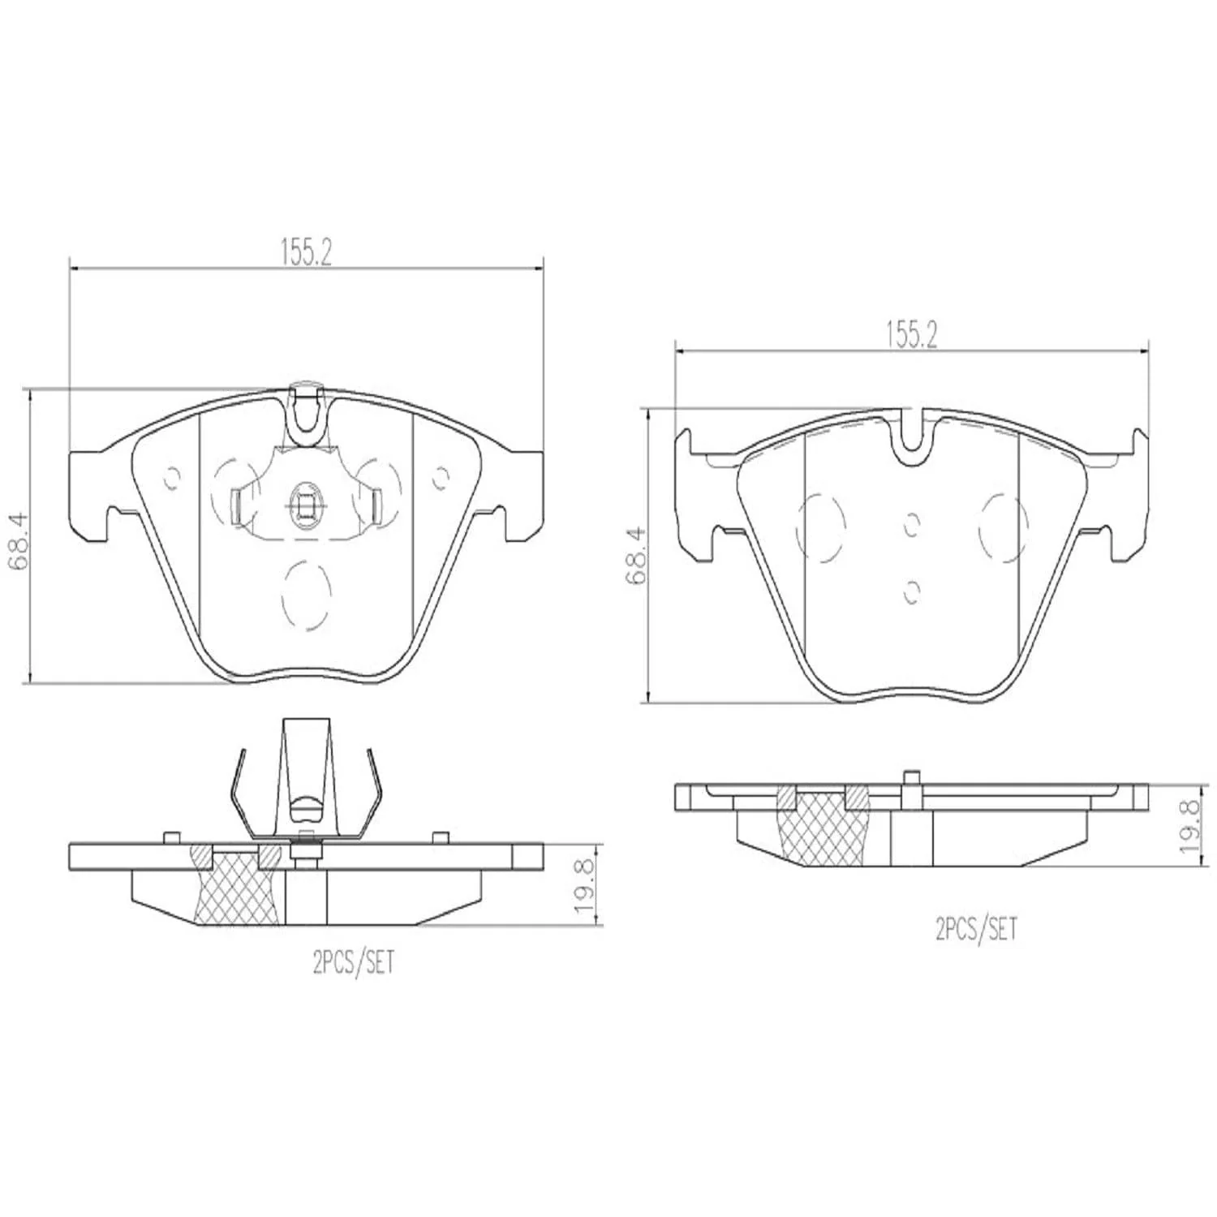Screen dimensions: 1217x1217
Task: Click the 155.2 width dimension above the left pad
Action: (307, 253)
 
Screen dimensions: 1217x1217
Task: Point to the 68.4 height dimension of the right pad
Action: (636, 556)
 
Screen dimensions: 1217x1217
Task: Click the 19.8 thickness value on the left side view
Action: (586, 886)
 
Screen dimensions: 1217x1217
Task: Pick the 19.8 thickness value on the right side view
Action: (1191, 826)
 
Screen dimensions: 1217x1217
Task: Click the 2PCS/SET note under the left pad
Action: (353, 963)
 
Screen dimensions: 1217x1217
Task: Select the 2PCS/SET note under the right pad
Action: (976, 928)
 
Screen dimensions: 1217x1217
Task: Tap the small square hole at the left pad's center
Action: (305, 506)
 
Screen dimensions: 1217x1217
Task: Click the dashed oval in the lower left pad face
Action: (305, 595)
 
